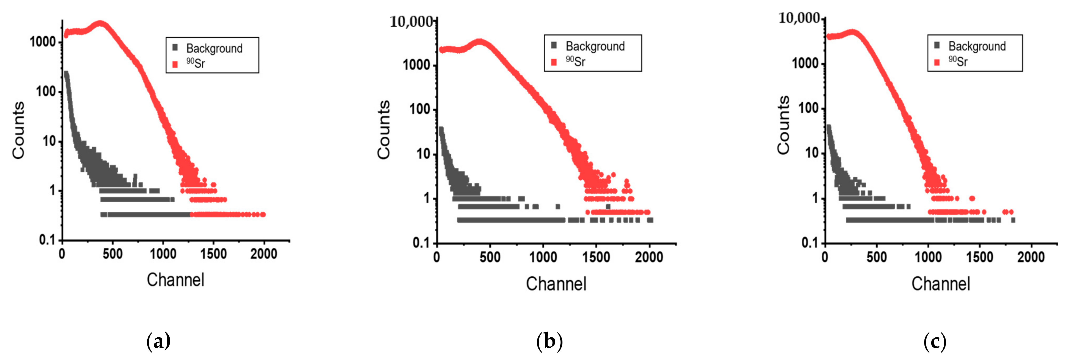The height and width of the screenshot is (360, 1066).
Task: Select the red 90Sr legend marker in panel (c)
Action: pos(937,62)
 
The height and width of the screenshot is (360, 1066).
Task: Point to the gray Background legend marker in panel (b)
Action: pos(554,45)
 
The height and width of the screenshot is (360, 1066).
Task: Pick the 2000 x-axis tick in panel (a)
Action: pos(264,254)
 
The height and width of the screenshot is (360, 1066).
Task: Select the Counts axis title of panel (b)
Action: pos(384,129)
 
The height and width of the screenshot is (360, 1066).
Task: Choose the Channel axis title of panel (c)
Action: pos(940,284)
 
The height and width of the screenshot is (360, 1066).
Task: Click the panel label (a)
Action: pos(158,342)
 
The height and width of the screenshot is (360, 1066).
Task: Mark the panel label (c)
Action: pos(934,342)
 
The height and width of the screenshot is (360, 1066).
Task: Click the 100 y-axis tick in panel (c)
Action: pos(809,108)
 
